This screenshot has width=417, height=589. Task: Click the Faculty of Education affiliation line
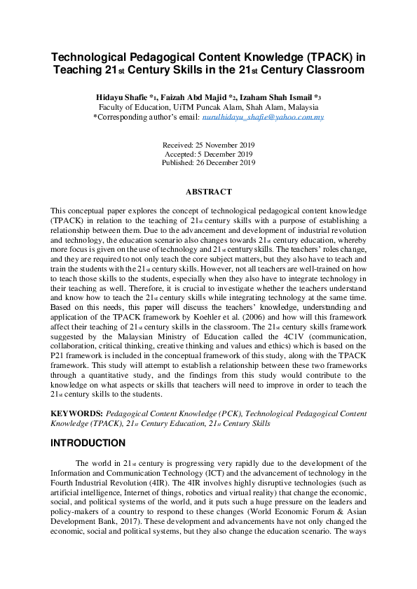pyautogui.click(x=208, y=108)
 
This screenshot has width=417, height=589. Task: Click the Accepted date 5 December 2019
pyautogui.click(x=208, y=153)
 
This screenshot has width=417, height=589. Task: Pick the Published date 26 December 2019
pyautogui.click(x=208, y=162)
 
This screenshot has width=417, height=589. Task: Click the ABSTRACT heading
pyautogui.click(x=208, y=191)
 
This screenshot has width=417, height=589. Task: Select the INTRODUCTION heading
pyautogui.click(x=88, y=443)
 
